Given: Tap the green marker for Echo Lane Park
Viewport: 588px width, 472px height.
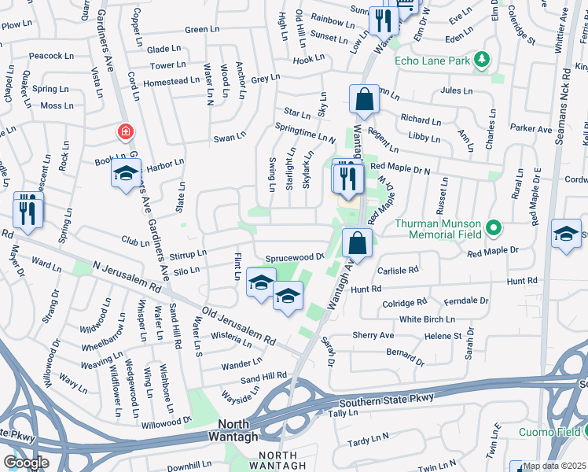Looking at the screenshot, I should tap(482, 60).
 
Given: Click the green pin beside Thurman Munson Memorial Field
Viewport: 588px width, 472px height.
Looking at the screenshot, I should tap(493, 228).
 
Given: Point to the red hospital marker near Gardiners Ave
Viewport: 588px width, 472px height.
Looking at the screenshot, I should tap(125, 131).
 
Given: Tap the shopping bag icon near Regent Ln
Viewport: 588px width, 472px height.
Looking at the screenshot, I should tap(364, 101).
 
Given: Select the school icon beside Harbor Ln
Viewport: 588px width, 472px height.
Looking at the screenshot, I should tap(126, 175).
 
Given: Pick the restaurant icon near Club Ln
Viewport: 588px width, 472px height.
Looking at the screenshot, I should tap(28, 211).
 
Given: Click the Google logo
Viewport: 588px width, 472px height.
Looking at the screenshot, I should tap(27, 463).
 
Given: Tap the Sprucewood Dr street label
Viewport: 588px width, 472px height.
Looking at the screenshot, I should tap(294, 257).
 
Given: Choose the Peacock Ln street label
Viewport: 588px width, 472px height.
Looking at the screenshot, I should tap(51, 57).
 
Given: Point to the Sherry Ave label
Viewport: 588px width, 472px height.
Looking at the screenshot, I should tap(373, 335).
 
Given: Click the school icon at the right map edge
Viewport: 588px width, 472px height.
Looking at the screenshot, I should tap(566, 234).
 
